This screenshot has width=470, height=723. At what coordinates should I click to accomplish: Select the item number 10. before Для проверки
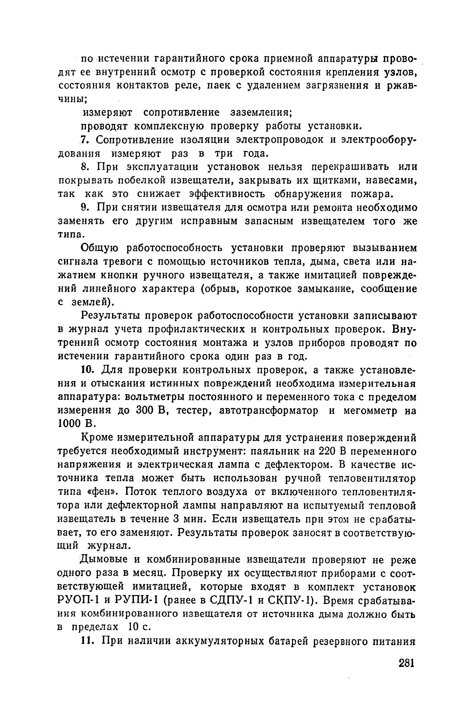coord(87,370)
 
